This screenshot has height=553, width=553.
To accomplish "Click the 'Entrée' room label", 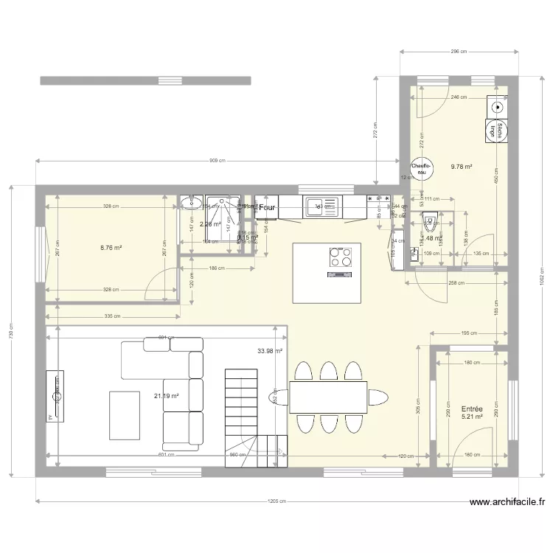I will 471,408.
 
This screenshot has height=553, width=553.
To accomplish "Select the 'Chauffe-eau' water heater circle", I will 420,169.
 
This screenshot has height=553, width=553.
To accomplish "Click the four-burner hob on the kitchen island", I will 340,257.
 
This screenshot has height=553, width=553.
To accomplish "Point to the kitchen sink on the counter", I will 322,206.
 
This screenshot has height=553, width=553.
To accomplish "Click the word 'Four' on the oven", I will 266,209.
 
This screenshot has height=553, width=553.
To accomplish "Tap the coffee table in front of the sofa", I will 125,414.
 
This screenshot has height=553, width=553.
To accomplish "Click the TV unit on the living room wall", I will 55,397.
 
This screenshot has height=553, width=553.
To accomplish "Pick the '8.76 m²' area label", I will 111,248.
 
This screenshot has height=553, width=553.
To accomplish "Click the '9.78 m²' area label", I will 462,167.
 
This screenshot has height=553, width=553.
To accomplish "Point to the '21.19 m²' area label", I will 167,396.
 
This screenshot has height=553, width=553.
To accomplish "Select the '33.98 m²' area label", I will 270,351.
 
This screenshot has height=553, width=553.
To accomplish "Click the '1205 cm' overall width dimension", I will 278,501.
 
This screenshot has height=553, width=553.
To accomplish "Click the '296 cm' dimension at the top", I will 459,52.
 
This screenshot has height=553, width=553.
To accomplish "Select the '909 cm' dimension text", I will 217,160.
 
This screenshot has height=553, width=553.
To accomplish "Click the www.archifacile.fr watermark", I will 508,503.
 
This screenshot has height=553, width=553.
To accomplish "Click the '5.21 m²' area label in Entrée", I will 471,417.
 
